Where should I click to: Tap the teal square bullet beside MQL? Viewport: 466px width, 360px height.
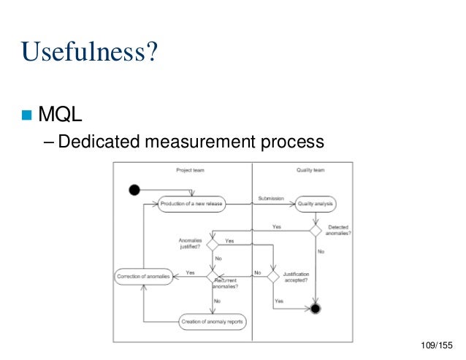pos(28,115)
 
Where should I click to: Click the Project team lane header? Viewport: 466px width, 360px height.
pos(190,170)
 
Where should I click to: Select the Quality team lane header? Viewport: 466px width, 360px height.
pos(310,170)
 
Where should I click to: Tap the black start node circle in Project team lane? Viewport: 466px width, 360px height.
pos(134,191)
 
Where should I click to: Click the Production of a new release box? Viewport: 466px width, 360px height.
pos(191,204)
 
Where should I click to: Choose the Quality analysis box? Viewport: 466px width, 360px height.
pos(316,204)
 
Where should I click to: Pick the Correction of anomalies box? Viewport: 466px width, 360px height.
pos(143,277)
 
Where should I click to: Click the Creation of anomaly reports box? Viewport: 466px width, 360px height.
pos(212,321)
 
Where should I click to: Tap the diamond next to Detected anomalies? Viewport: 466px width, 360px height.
pos(316,230)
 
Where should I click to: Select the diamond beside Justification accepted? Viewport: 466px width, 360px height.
pos(272,277)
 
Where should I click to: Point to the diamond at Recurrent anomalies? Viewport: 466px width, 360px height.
pos(213,277)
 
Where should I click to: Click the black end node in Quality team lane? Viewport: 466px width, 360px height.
pos(316,309)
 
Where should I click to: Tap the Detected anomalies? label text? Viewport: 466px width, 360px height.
pos(337,230)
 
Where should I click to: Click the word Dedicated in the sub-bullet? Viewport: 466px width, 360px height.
pos(92,139)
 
